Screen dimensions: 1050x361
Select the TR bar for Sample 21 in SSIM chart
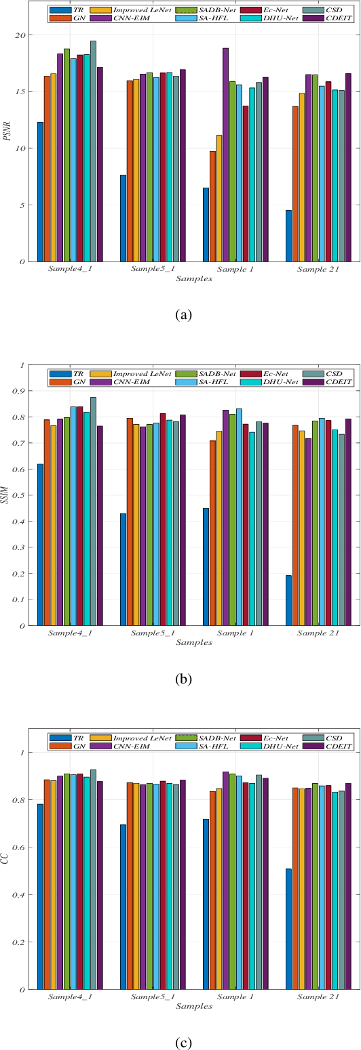(289, 600)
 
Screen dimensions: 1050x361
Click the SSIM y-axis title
(7, 495)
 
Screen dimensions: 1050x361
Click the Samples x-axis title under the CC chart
(193, 1006)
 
